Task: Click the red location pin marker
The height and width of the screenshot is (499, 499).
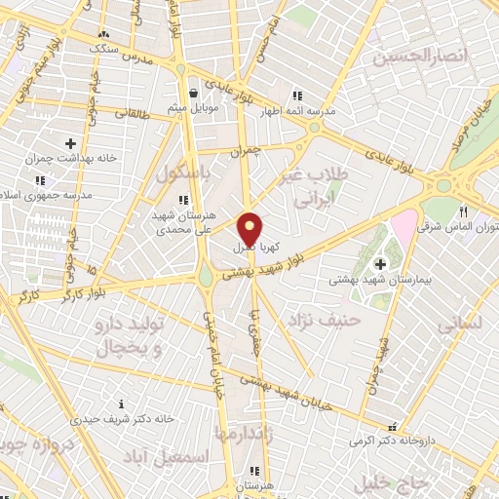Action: (x=250, y=229)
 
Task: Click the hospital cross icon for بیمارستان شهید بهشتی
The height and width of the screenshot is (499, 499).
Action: (x=379, y=263)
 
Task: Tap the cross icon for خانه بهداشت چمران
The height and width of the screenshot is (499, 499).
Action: (x=70, y=143)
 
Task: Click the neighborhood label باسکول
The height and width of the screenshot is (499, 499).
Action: (x=182, y=174)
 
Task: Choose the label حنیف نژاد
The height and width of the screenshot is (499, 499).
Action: (x=326, y=319)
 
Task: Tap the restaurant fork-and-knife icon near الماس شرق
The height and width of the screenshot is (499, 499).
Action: (x=465, y=211)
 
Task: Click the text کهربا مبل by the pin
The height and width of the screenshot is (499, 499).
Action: (x=254, y=249)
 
